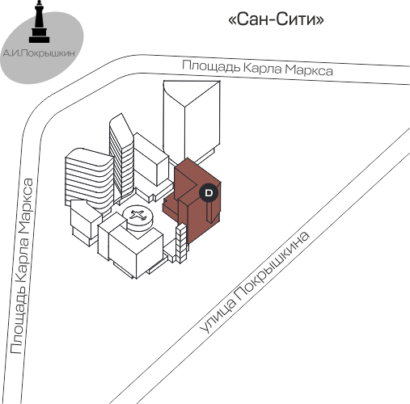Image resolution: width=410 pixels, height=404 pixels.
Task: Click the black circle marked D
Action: [x=209, y=192]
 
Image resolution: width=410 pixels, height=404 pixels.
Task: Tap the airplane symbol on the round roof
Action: [x=137, y=215]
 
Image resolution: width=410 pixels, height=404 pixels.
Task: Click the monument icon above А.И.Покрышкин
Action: [x=40, y=22]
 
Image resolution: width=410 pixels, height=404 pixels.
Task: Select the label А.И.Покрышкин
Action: [x=39, y=53]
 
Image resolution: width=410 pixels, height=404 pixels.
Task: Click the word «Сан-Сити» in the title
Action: [x=276, y=19]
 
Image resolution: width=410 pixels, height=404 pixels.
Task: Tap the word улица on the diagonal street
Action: [x=218, y=316]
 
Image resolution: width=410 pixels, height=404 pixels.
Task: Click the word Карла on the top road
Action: [x=263, y=68]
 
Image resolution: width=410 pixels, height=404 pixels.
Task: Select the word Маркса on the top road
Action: [x=309, y=70]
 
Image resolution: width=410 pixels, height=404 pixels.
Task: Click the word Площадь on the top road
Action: [x=211, y=65]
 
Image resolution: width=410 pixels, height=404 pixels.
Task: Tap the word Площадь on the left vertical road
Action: [x=19, y=326]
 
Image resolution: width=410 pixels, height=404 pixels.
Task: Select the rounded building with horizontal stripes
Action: [x=89, y=179]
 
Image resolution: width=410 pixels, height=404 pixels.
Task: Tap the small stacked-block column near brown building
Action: [x=181, y=243]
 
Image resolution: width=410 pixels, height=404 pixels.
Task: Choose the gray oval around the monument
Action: [x=42, y=46]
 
